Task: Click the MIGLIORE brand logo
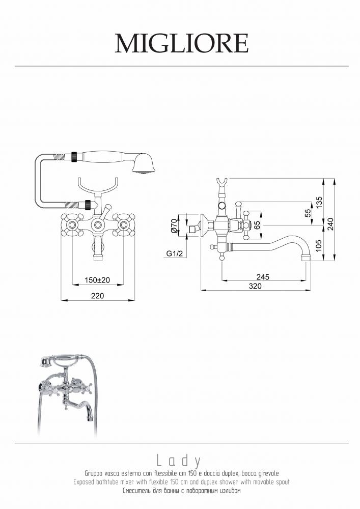point(182,43)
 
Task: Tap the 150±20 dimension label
point(97,280)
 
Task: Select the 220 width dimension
point(98,296)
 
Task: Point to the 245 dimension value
point(263,277)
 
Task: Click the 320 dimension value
point(255,286)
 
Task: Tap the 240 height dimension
point(330,224)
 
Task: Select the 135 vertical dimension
point(319,203)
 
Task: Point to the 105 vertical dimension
point(319,246)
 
